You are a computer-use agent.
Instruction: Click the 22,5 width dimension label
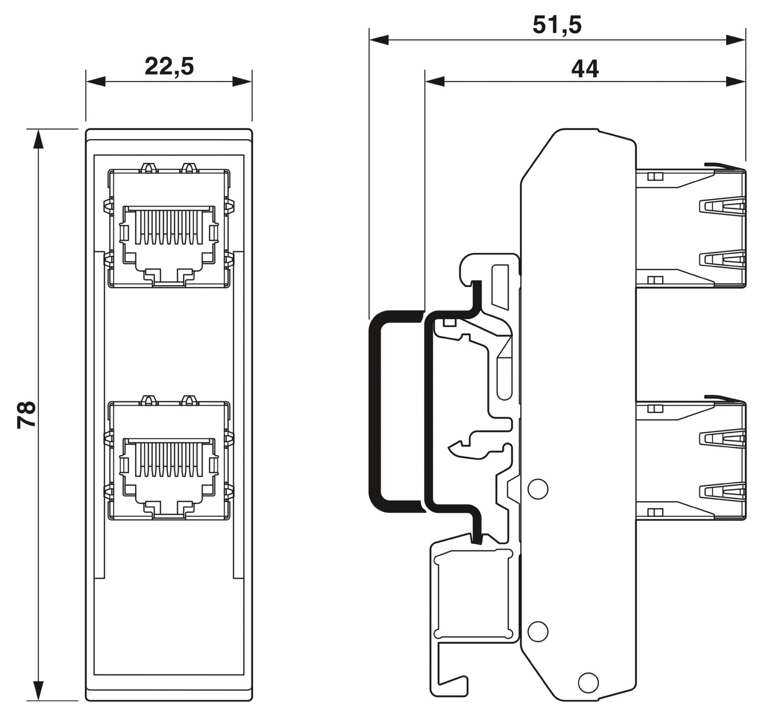(x=169, y=66)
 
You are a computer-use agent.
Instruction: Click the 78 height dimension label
(x=26, y=414)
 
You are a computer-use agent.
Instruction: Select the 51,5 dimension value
(x=557, y=25)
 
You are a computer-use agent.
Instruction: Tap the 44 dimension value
(x=585, y=68)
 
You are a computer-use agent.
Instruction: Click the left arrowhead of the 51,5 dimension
(x=378, y=40)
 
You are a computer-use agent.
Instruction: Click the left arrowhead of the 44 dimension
(x=434, y=81)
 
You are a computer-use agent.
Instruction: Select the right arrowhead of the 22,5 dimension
(x=242, y=81)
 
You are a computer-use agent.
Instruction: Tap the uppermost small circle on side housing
(x=538, y=488)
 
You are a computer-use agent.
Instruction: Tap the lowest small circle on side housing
(x=588, y=681)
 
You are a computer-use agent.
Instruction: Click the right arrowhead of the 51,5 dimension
(x=736, y=40)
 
